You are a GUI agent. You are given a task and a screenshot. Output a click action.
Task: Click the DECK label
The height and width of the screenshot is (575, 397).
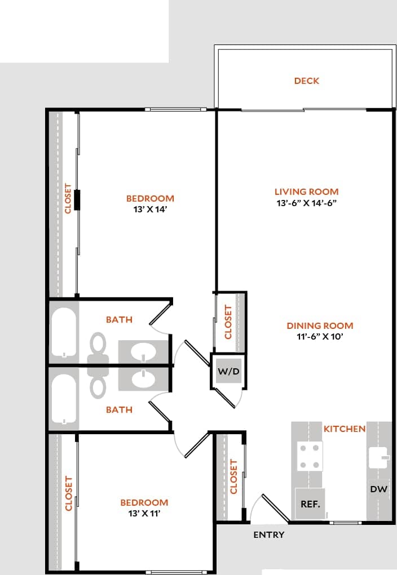(x=306, y=81)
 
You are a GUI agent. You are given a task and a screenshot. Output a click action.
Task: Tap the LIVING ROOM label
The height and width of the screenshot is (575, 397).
(x=306, y=191)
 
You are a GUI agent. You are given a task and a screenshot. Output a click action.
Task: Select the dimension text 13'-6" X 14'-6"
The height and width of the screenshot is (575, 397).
(x=306, y=203)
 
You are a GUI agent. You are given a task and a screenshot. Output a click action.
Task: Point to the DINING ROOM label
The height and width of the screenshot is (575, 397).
(x=320, y=326)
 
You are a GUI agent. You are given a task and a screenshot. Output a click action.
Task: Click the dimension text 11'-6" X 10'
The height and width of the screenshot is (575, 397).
(x=320, y=337)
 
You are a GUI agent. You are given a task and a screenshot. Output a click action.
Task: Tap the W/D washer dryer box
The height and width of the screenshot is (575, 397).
(x=228, y=372)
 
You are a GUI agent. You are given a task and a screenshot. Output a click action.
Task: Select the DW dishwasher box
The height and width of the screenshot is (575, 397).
(x=379, y=489)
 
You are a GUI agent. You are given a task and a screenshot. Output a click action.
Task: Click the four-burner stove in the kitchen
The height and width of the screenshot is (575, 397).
(x=310, y=457)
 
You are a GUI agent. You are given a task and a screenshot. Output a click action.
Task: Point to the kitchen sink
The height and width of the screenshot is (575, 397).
(x=378, y=457)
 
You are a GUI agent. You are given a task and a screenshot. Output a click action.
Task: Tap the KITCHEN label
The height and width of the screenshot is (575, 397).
(x=344, y=429)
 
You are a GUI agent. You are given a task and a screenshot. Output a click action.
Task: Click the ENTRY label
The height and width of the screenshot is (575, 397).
(x=269, y=534)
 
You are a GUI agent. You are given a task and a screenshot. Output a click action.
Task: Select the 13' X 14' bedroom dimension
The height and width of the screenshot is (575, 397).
(x=149, y=209)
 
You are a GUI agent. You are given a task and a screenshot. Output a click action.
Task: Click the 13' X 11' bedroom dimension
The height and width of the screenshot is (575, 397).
(x=144, y=513)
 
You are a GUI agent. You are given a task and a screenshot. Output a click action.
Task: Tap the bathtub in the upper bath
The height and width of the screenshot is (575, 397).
(x=64, y=332)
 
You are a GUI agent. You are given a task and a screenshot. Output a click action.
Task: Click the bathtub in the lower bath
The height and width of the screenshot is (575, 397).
(x=64, y=400)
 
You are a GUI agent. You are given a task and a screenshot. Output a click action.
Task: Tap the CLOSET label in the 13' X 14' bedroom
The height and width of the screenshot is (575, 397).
(x=68, y=198)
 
